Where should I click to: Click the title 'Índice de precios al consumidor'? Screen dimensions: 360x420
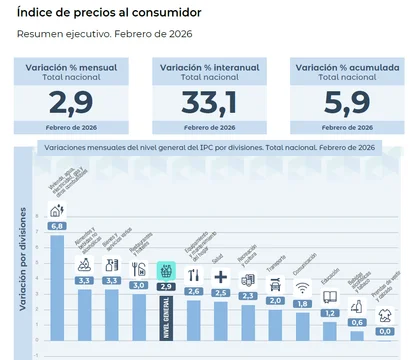[x=107, y=13]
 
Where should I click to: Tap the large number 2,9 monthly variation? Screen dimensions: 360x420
[x=70, y=101]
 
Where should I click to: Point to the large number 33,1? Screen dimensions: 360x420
[x=208, y=101]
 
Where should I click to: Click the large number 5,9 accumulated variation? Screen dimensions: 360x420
[x=346, y=101]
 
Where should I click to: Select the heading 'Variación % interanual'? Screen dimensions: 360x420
[x=208, y=66]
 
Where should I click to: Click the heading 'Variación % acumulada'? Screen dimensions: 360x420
[x=346, y=66]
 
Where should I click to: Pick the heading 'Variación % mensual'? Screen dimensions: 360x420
[x=70, y=66]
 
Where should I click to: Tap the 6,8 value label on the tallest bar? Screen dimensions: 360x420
[x=58, y=226]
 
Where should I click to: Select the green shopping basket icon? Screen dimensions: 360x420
[x=166, y=271]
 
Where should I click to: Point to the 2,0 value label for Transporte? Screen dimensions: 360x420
[x=275, y=299]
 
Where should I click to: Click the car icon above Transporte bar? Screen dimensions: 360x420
[x=275, y=284]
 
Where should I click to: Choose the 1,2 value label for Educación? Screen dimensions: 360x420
[x=329, y=312]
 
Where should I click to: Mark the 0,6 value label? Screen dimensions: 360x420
[x=357, y=321]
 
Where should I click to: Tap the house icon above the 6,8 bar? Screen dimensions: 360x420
[x=57, y=210]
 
